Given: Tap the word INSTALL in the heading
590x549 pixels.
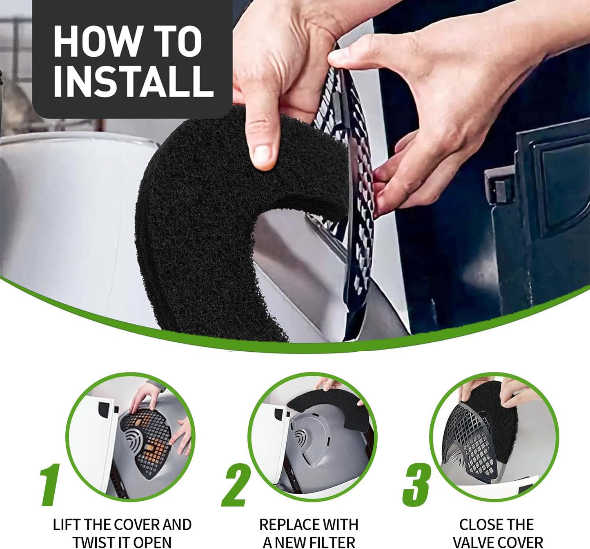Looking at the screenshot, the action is tap(134, 81).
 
